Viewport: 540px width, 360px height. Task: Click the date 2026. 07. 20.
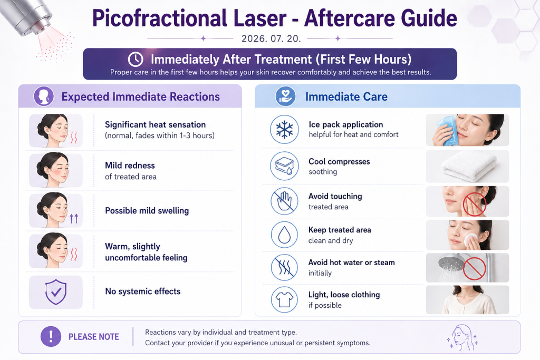271,38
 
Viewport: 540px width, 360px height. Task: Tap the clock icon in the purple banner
136,59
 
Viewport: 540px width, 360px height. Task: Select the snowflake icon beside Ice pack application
284,130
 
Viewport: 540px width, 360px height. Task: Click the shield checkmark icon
56,292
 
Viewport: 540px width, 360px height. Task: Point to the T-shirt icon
284,299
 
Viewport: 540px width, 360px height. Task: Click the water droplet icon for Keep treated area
284,235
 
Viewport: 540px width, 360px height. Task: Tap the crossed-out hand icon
284,201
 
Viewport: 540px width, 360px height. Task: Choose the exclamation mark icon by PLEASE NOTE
51,336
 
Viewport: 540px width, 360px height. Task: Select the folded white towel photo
467,167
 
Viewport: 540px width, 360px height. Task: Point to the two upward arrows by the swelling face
74,218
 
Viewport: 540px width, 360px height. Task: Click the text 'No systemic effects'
142,291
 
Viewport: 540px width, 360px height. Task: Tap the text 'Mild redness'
130,166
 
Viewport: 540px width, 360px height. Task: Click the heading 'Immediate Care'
346,96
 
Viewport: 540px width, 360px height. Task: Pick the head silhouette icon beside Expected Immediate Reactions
44,96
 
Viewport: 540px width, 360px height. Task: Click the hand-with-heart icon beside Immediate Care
285,96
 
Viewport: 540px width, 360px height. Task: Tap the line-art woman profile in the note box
462,337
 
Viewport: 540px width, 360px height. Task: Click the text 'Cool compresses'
339,161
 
